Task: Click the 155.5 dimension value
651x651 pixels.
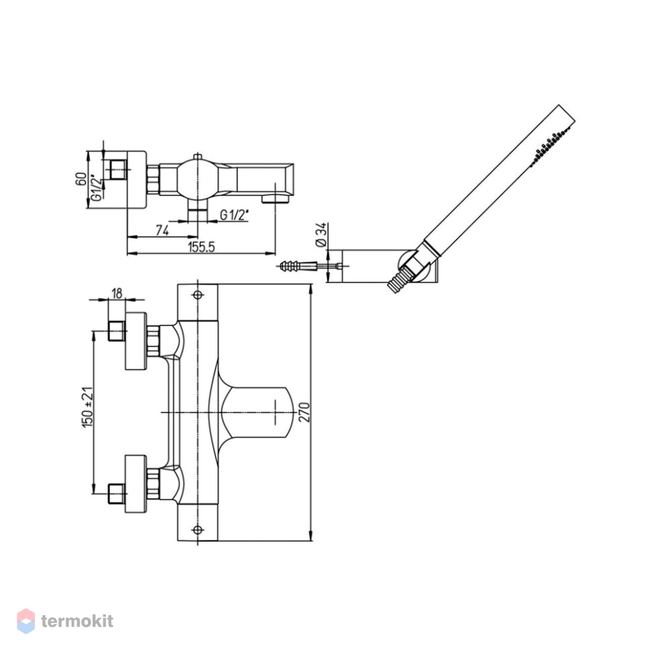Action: [201, 248]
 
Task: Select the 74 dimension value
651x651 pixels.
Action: [162, 230]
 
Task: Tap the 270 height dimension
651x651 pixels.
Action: [305, 412]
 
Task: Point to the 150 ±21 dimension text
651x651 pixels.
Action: [88, 407]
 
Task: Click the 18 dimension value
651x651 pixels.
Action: [117, 293]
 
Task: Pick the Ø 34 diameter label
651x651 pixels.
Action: [321, 236]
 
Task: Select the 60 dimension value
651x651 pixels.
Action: [82, 179]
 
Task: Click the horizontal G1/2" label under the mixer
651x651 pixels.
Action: [234, 215]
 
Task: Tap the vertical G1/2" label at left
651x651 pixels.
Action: [96, 187]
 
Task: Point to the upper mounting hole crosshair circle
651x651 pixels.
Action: [197, 295]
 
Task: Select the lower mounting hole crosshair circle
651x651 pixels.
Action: [197, 530]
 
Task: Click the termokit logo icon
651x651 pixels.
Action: [26, 621]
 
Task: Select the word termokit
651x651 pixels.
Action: [77, 621]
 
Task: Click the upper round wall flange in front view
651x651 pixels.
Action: [136, 341]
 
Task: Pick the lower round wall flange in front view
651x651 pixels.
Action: [136, 484]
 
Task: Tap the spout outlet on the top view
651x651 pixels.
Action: [275, 200]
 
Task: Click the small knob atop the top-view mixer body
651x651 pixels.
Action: [197, 156]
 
